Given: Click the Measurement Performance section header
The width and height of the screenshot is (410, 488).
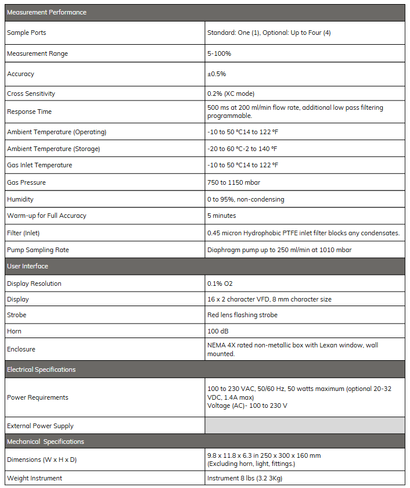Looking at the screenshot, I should pyautogui.click(x=46, y=12).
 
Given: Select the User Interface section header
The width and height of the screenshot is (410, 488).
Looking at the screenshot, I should pyautogui.click(x=27, y=266).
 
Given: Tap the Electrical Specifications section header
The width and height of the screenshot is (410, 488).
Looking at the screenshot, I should pyautogui.click(x=41, y=369).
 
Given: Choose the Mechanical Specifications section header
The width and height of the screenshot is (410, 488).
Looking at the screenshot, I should pyautogui.click(x=45, y=442).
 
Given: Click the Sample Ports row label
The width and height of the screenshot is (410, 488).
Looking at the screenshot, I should pyautogui.click(x=27, y=33).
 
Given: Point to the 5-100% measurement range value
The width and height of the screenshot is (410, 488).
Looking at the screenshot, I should pyautogui.click(x=220, y=53).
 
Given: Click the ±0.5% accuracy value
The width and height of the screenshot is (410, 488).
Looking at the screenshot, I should pyautogui.click(x=217, y=74).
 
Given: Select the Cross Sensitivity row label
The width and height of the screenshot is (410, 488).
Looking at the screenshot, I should pyautogui.click(x=31, y=94).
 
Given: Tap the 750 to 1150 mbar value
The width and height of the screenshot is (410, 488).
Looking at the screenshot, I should pyautogui.click(x=233, y=182).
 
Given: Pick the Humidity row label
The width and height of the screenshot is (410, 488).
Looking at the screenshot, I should pyautogui.click(x=20, y=199).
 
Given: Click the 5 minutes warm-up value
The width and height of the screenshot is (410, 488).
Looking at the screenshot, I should pyautogui.click(x=222, y=216).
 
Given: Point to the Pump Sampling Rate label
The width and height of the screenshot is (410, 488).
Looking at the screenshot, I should pyautogui.click(x=38, y=250).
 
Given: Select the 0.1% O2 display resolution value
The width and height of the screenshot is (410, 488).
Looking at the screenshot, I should pyautogui.click(x=220, y=284).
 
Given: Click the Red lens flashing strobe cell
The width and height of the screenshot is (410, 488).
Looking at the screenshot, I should pyautogui.click(x=242, y=315).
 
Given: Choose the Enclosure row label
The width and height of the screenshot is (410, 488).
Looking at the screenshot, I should pyautogui.click(x=21, y=349).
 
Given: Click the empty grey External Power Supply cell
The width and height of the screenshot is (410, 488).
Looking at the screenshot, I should pyautogui.click(x=305, y=426).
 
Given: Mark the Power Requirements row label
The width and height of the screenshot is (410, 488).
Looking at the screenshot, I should pyautogui.click(x=38, y=397).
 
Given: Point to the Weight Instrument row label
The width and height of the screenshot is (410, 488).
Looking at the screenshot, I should pyautogui.click(x=34, y=478).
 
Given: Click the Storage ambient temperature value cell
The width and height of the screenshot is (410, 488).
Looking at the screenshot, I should pyautogui.click(x=242, y=149).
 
